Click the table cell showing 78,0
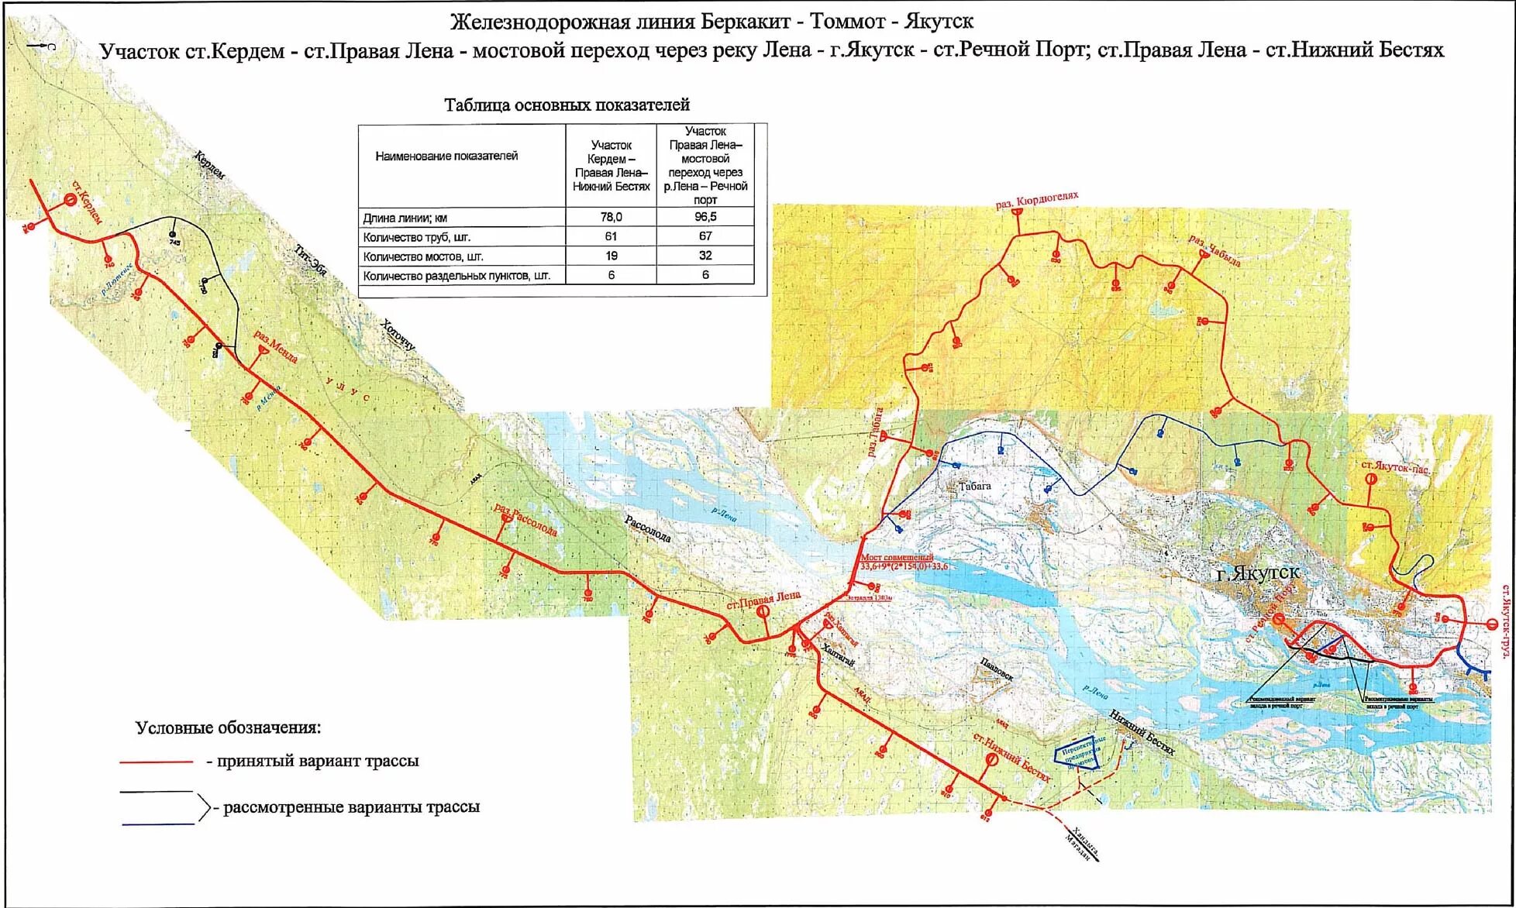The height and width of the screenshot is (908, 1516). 611,218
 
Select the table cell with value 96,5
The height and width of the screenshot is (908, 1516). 705,217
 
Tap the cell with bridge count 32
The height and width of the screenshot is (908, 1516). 705,256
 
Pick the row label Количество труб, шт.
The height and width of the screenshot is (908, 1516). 416,237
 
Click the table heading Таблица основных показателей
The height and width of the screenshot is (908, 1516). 567,105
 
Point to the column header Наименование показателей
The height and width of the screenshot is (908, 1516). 446,156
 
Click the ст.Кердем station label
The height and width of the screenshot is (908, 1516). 88,202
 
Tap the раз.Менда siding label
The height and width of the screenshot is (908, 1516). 277,347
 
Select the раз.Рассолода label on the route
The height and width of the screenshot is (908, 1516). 526,520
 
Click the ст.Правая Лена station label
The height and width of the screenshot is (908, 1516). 763,600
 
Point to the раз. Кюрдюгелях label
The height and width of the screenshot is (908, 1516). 1037,200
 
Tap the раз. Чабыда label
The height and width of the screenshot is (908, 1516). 1215,250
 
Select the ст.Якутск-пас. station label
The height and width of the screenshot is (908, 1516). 1396,466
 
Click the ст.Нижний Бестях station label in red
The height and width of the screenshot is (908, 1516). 1011,757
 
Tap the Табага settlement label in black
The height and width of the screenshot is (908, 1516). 975,487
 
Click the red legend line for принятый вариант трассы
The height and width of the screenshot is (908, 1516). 156,762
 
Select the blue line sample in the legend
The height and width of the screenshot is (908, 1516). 157,824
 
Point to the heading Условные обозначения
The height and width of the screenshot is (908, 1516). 228,728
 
